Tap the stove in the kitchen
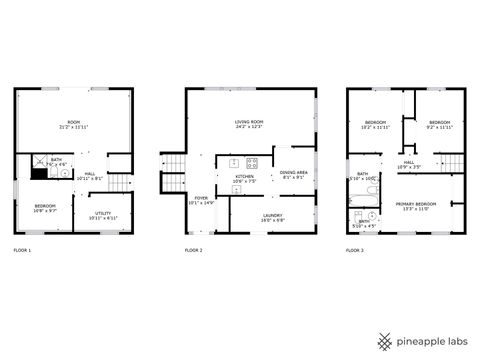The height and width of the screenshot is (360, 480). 252,162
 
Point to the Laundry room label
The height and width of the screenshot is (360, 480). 272,216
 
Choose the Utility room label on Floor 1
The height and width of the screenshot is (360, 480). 104,215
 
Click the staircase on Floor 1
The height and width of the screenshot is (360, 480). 120,182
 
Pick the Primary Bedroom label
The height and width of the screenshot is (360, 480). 428,206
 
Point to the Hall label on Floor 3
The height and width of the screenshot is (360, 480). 409,164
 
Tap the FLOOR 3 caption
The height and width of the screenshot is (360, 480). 355,249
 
